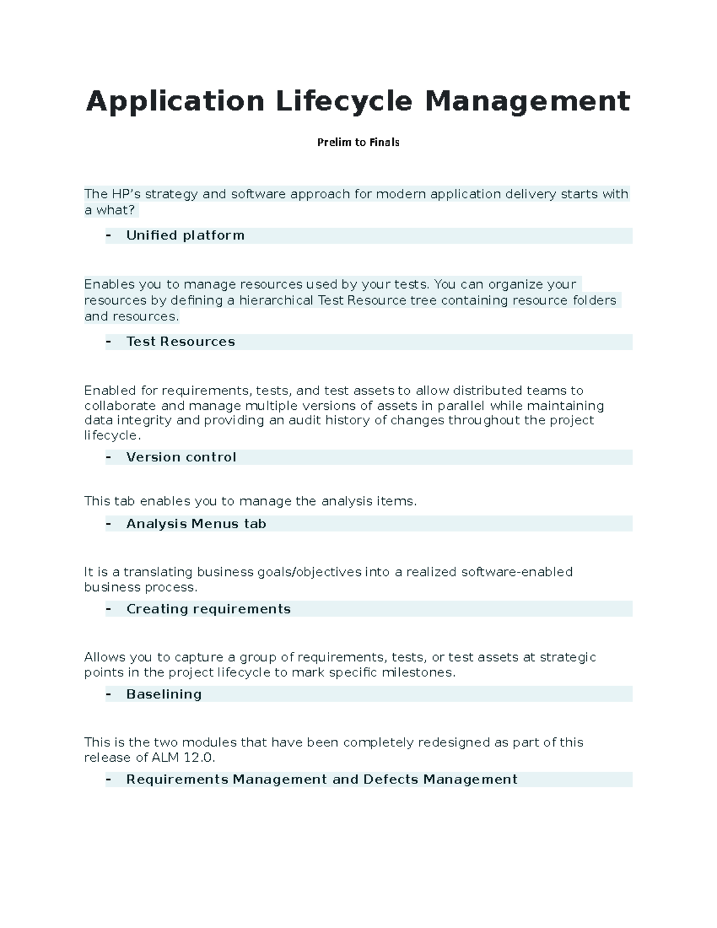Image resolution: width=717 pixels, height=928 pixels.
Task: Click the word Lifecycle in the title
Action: coord(344,101)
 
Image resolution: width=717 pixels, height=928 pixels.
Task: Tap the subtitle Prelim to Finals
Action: coord(358,142)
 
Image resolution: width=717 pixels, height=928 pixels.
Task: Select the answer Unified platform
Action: coord(185,235)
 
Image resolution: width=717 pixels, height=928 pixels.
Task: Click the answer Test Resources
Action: coord(180,342)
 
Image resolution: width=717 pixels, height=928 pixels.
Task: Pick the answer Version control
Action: coord(181,457)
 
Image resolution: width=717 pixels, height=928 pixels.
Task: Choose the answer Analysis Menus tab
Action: coord(196,524)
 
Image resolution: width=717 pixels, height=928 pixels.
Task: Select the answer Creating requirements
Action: coord(208,609)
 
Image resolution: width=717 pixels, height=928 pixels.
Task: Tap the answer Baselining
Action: coord(164,694)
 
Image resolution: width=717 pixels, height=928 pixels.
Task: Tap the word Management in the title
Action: coord(527,101)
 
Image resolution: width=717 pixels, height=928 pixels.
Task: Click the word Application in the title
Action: coord(175,101)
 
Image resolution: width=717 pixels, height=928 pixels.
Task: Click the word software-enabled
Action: coord(517,572)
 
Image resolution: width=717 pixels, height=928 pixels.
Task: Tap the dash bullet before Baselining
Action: coord(109,694)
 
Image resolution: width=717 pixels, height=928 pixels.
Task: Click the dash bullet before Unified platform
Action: coord(109,235)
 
